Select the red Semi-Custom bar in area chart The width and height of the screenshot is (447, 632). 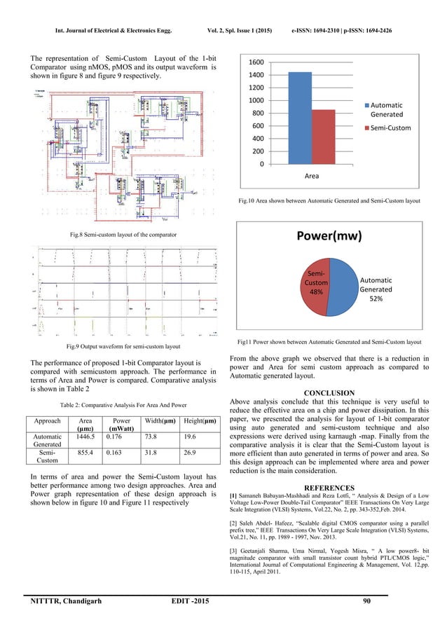pos(323,137)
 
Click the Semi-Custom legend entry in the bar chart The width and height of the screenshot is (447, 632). pos(386,128)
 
